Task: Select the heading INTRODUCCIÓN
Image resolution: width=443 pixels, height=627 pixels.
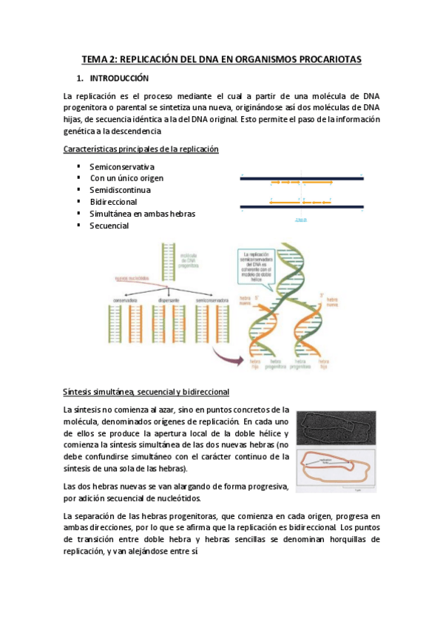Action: [119, 78]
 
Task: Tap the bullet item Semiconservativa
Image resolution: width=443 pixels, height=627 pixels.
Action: [122, 166]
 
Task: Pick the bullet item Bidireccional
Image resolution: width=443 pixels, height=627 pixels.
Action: [113, 202]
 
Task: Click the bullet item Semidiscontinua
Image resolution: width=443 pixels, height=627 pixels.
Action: [120, 190]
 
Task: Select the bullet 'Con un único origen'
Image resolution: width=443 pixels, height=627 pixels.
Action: [126, 178]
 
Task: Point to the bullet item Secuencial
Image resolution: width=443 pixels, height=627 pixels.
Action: [109, 226]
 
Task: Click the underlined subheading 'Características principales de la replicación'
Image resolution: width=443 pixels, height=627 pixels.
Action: [141, 149]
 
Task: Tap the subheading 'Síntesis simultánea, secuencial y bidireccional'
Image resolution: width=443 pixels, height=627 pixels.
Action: [146, 391]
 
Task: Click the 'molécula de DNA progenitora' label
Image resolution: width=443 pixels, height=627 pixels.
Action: [194, 258]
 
